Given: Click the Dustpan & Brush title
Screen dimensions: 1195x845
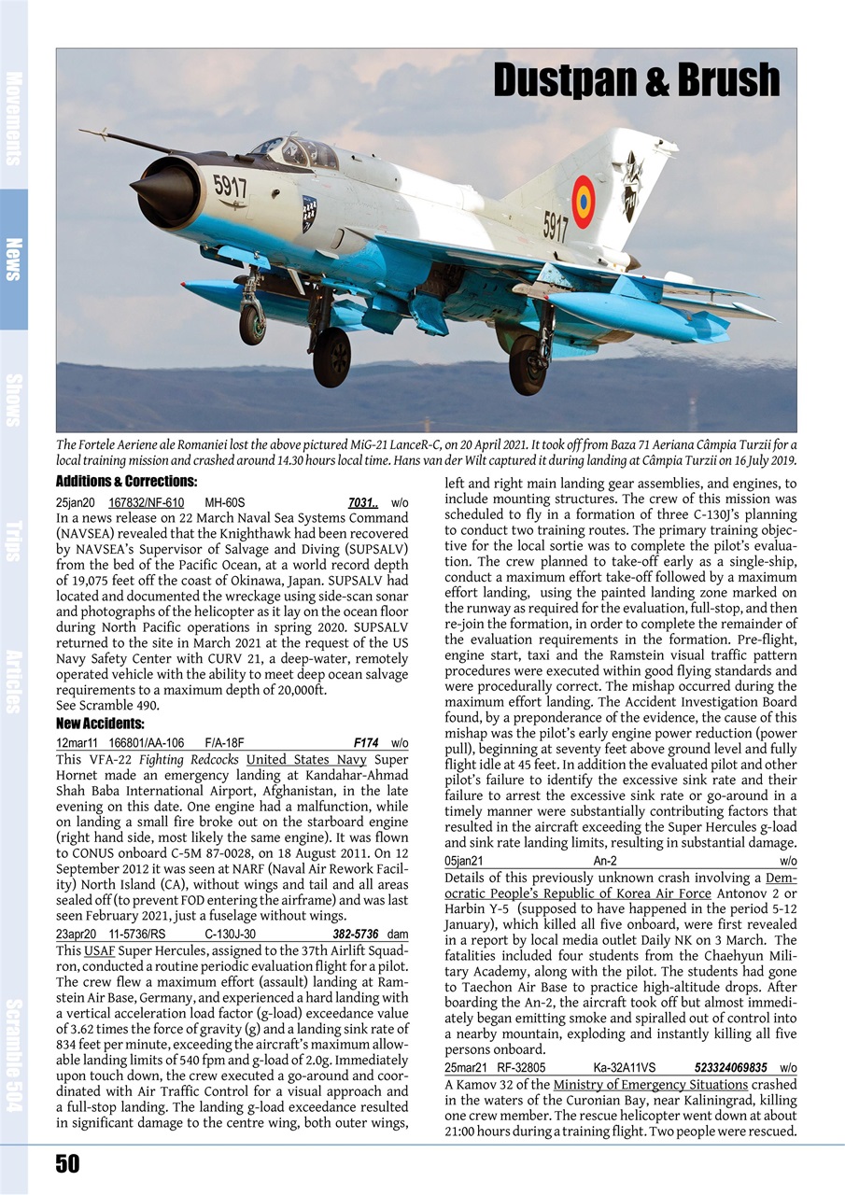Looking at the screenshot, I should point(636,81).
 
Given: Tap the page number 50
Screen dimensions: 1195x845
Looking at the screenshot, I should point(66,1163).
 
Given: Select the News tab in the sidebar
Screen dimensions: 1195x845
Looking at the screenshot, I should point(14,259).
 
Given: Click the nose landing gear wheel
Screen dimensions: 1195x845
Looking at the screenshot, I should point(252,323).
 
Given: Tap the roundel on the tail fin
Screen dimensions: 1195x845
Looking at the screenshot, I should point(584,202).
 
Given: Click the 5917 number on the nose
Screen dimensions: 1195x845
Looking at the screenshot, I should point(230,186).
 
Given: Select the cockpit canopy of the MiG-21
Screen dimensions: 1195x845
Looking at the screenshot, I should point(296,151).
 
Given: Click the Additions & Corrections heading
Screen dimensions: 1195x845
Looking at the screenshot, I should point(126,482).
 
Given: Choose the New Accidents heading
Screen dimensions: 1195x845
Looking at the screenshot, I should point(99,724).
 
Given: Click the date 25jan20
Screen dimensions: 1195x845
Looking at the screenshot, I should point(76,502).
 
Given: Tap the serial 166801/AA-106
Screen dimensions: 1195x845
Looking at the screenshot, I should point(147,743).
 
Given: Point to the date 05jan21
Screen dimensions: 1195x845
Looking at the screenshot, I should point(464,861).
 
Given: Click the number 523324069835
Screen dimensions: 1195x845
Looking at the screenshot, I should point(730,1067).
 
